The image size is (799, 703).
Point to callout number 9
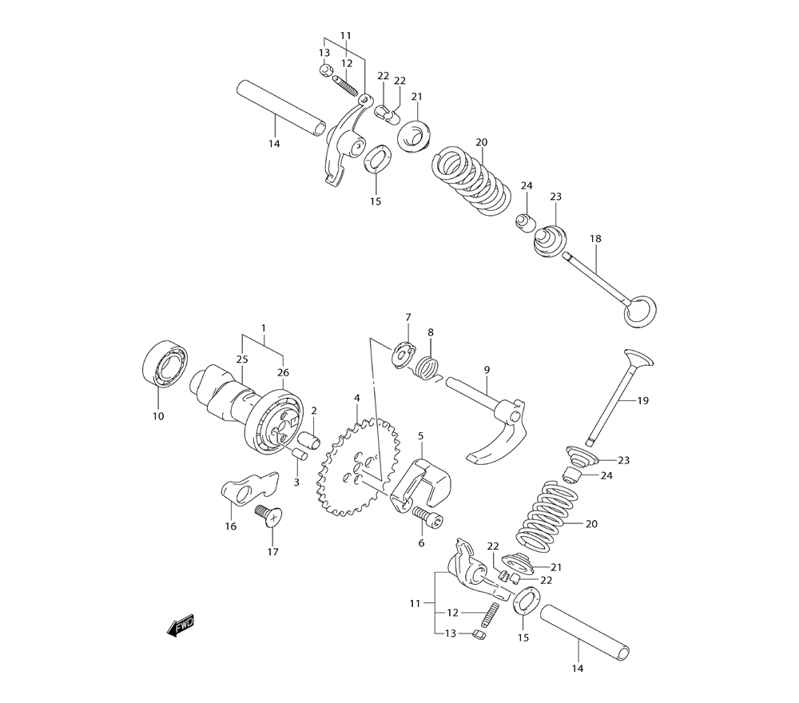pos(487,369)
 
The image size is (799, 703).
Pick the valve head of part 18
pos(641,312)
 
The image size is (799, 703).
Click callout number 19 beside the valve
pos(643,400)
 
